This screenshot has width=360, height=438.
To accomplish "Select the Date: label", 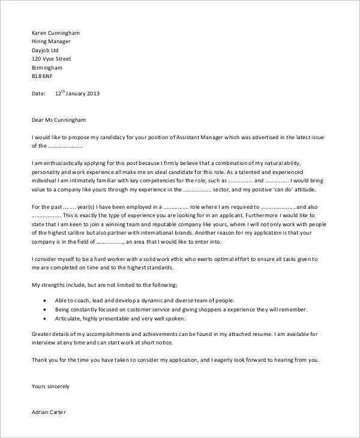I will coord(38,94).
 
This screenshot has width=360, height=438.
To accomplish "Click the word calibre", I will coord(86,233).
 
